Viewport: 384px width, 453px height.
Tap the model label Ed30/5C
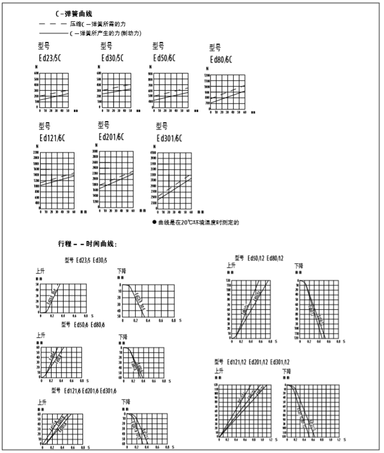click(112, 58)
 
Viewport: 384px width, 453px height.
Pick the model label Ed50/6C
click(164, 58)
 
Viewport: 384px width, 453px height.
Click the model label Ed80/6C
click(222, 60)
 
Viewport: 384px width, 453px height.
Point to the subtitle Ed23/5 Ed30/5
click(87, 260)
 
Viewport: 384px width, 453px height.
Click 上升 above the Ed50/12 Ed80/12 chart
click(231, 265)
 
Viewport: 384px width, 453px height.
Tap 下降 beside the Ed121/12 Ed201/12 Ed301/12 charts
click(287, 372)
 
